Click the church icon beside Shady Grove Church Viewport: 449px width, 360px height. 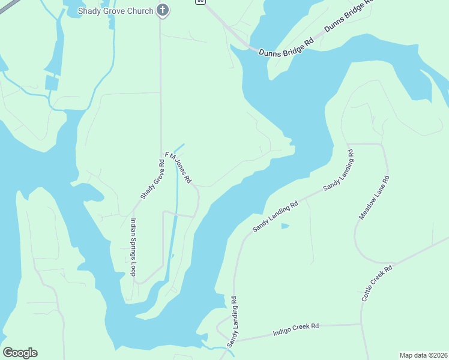pos(161,10)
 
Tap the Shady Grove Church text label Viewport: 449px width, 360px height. pos(116,11)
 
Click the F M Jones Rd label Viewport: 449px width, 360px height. pos(178,167)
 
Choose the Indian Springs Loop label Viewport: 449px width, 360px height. pos(133,247)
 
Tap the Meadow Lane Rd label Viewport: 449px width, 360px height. pos(374,197)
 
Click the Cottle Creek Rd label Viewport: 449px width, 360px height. pos(376,283)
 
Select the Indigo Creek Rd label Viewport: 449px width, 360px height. pos(295,328)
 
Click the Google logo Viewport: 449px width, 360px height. pos(20,353)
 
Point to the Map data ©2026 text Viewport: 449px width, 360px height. pos(423,355)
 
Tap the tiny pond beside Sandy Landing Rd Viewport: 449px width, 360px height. pos(285,226)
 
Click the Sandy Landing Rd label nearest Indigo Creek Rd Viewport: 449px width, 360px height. pos(232,321)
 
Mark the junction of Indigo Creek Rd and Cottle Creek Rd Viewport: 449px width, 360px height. pos(361,325)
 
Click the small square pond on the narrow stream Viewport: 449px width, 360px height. pos(52,83)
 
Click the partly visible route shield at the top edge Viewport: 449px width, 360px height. pos(199,2)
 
